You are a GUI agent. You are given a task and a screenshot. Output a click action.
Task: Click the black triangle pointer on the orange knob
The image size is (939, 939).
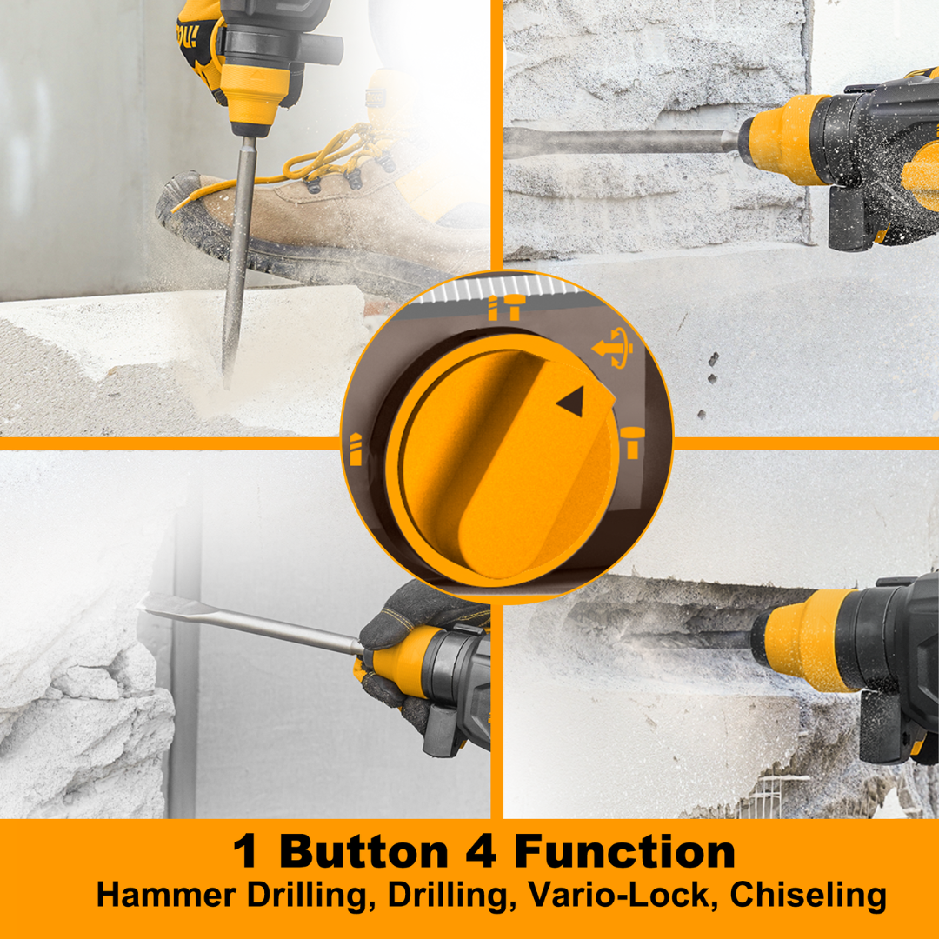pos(572,401)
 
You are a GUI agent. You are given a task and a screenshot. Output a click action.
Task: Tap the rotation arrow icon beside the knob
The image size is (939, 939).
pos(613,347)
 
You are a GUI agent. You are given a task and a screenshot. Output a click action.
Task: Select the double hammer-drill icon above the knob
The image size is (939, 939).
pos(504,307)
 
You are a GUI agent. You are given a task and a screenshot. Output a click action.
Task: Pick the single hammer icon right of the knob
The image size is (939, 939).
pos(632,442)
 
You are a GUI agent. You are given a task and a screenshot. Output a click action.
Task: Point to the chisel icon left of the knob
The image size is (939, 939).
pos(356,449)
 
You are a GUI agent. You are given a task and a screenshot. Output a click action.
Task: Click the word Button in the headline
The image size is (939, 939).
pos(363,851)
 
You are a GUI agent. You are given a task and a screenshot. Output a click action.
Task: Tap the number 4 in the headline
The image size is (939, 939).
pos(481,851)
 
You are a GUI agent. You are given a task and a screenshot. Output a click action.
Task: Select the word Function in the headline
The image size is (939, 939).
pos(624,851)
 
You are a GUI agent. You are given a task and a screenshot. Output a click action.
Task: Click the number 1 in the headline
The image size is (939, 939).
pos(246,851)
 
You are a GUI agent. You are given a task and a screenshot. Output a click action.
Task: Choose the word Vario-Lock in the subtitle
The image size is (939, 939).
pos(619,895)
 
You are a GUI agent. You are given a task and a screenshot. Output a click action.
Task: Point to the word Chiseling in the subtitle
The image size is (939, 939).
pos(808,896)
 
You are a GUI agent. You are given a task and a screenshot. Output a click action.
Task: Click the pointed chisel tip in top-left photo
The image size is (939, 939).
pos(226,377)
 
